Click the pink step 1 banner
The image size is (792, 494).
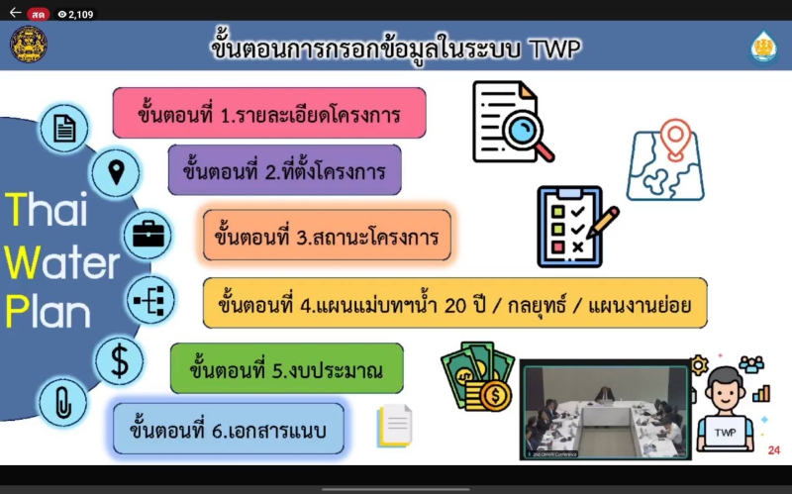point(269,113)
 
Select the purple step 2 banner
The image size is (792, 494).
point(284,170)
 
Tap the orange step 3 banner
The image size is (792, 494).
point(327,236)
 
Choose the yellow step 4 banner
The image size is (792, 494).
point(455,303)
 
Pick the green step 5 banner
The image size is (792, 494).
point(287,368)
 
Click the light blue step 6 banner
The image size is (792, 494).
point(229,429)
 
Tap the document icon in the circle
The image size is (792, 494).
point(64,129)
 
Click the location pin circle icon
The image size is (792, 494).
point(116,172)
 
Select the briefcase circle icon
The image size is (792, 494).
point(148,235)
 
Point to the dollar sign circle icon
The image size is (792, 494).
point(120,360)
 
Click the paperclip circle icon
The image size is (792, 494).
point(63,403)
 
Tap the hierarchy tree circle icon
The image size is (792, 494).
point(150,300)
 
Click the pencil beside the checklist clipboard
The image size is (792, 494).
point(603,222)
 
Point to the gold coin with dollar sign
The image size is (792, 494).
point(494,396)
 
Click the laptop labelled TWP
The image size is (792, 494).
point(726,433)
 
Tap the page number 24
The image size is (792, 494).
point(774,450)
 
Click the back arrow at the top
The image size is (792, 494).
point(15,13)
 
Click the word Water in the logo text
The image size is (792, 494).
point(61,262)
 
